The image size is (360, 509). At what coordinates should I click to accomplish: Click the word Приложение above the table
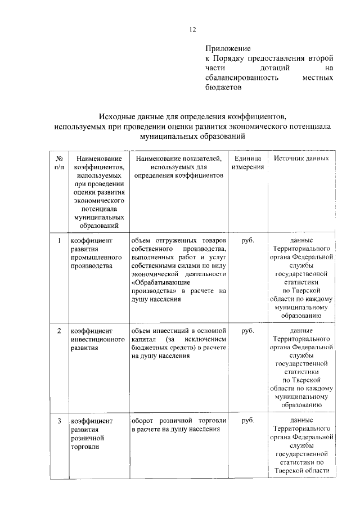(228, 49)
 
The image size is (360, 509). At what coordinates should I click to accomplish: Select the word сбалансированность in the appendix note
(242, 78)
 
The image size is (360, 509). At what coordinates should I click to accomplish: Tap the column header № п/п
(58, 163)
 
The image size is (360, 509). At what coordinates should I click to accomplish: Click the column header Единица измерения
(247, 163)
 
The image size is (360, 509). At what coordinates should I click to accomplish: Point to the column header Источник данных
(301, 159)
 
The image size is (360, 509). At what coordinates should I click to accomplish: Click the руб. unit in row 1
(247, 241)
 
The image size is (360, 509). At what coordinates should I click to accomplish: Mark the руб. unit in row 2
(247, 330)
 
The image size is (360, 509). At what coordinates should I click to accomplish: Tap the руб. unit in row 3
(247, 420)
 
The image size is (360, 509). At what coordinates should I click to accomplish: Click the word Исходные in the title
(119, 117)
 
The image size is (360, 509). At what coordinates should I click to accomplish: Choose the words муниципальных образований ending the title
(192, 136)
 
